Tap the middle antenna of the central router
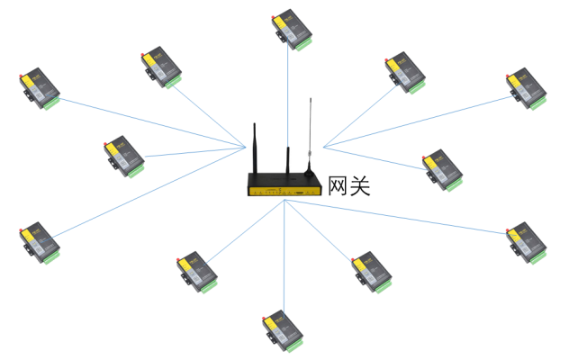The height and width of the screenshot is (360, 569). [288, 157]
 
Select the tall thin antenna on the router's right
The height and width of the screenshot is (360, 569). [310, 126]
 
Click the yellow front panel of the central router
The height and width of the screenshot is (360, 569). [283, 191]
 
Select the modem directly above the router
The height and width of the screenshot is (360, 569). [293, 30]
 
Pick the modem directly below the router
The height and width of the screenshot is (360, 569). [282, 330]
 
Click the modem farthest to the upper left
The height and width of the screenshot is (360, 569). [40, 88]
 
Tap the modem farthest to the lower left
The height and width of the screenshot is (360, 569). [40, 243]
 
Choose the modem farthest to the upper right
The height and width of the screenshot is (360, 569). [526, 88]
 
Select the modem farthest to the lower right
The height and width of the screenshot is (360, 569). [526, 243]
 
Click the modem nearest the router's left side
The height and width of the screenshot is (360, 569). [123, 157]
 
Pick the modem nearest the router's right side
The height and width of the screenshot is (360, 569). [442, 170]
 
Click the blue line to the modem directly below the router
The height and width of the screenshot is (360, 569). [284, 261]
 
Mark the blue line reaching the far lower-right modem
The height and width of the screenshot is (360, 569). [405, 219]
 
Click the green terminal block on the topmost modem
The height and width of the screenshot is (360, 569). [303, 42]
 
